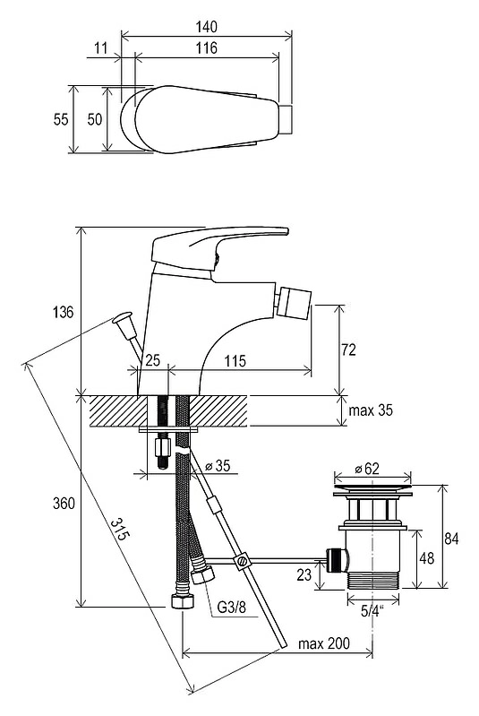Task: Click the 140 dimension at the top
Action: (x=206, y=27)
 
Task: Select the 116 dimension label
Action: (x=207, y=48)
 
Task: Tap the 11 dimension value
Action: (x=101, y=47)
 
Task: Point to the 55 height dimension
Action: (x=61, y=119)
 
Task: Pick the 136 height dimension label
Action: (x=63, y=313)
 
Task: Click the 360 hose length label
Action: (x=64, y=504)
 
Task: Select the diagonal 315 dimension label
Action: (x=118, y=530)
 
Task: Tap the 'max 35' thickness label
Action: (x=371, y=410)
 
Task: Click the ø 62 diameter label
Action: (x=366, y=468)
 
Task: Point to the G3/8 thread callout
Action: (x=231, y=607)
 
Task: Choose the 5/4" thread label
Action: (x=372, y=610)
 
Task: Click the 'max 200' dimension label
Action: (x=324, y=643)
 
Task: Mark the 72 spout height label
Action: (x=348, y=349)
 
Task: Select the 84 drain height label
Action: (x=451, y=539)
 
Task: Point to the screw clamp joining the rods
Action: (x=242, y=560)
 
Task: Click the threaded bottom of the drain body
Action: (x=372, y=581)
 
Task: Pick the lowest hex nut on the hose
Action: (x=182, y=601)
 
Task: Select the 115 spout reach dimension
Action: (x=235, y=361)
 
